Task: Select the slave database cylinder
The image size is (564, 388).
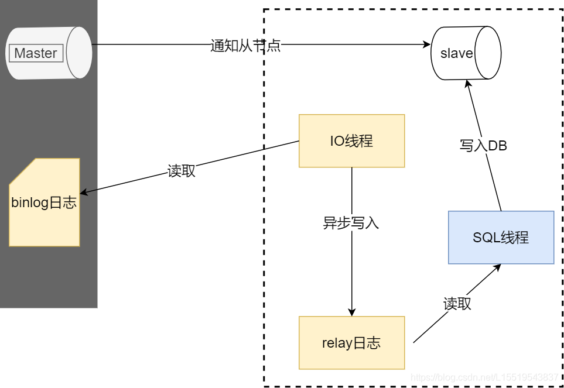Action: click(466, 53)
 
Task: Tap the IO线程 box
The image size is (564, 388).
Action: click(351, 140)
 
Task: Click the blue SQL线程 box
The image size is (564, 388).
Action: click(501, 237)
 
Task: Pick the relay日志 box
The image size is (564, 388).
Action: click(351, 342)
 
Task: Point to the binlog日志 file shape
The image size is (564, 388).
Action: click(45, 202)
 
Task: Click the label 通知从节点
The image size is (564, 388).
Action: click(245, 46)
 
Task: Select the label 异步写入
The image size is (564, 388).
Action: click(351, 222)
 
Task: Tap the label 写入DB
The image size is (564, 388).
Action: click(483, 146)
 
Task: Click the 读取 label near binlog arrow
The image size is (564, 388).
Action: click(182, 171)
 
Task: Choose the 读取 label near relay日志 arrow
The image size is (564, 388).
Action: click(457, 304)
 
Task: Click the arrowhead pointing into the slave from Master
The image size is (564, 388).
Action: click(427, 44)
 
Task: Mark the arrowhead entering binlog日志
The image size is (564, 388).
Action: click(84, 192)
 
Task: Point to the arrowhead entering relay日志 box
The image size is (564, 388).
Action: click(352, 312)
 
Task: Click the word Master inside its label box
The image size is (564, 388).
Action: click(36, 53)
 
